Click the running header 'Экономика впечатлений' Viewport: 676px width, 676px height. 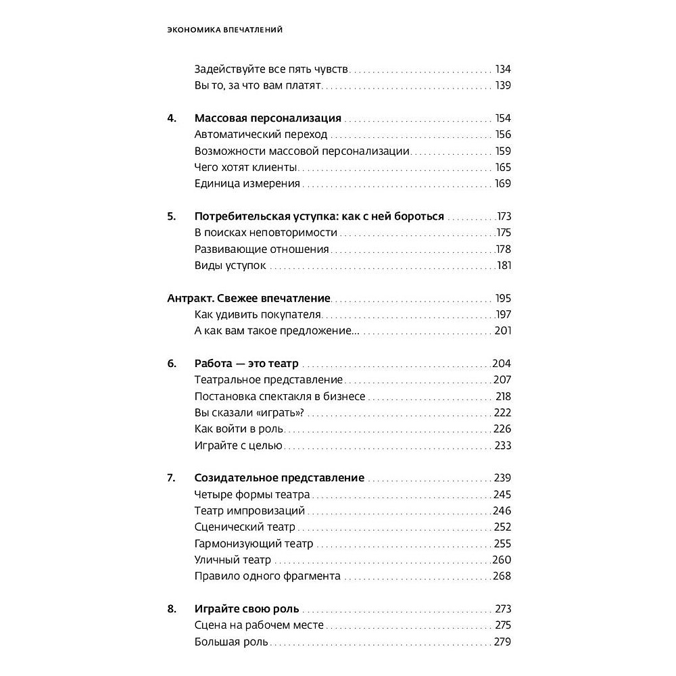[224, 30]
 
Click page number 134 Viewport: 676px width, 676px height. [503, 70]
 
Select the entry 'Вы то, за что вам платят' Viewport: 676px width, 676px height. [257, 86]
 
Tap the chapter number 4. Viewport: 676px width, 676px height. [172, 118]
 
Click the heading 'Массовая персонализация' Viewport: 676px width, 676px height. [268, 118]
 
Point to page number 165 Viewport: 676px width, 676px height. [503, 168]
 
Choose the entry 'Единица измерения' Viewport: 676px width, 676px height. [247, 184]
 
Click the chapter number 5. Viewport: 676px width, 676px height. [172, 217]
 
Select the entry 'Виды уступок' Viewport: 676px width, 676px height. [230, 266]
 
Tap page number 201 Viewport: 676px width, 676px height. [503, 331]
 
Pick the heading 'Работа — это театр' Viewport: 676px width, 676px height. [246, 364]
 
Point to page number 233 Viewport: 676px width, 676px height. [503, 445]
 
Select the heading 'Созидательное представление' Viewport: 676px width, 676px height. [279, 478]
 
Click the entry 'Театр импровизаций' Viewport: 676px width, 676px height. [249, 511]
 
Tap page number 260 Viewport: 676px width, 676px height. [502, 560]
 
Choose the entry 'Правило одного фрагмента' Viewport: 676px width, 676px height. [267, 577]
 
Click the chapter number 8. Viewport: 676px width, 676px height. [172, 609]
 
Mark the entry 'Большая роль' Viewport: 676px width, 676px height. [231, 642]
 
